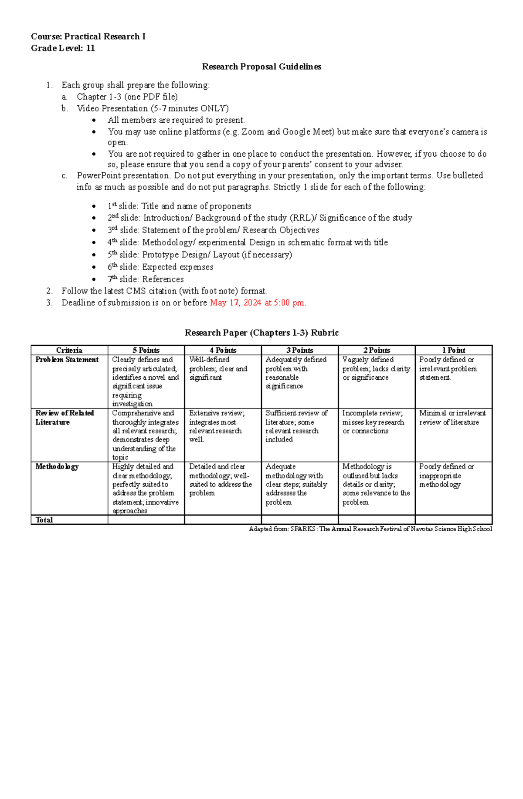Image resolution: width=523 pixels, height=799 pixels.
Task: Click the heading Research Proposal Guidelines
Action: [261, 67]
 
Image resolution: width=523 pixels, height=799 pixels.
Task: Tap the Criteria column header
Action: [69, 350]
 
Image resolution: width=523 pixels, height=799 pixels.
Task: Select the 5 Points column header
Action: [146, 350]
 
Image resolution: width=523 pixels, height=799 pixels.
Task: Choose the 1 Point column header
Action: [453, 350]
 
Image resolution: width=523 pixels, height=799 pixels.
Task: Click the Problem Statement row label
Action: [67, 360]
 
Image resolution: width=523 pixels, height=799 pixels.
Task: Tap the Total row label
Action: [44, 520]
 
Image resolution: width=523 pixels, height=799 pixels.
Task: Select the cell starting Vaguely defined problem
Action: [376, 368]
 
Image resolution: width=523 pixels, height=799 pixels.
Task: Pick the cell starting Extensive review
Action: [218, 426]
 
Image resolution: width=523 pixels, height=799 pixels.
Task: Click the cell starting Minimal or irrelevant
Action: [452, 418]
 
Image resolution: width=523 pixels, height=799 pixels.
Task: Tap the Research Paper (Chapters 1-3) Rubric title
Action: [261, 333]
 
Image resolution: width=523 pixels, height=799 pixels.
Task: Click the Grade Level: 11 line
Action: [63, 48]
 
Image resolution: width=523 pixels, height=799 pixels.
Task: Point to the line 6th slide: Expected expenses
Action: [160, 267]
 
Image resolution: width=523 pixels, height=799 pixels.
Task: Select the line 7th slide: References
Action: [146, 279]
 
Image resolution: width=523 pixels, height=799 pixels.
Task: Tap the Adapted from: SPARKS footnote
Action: [370, 529]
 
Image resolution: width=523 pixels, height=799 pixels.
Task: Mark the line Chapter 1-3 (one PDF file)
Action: [127, 97]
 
